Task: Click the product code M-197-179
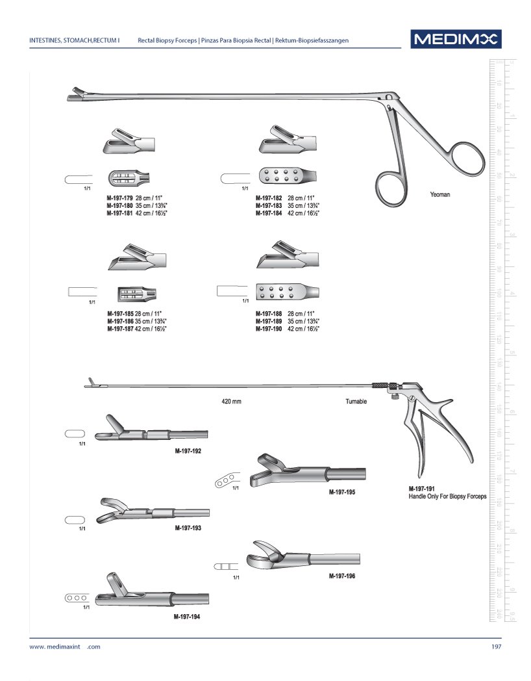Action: click(120, 197)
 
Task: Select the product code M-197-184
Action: click(268, 212)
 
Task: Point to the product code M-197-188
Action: click(268, 314)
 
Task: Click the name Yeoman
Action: click(439, 194)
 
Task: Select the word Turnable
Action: click(356, 402)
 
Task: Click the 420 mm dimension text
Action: click(232, 402)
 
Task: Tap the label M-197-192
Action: click(188, 450)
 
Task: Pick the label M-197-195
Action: click(342, 493)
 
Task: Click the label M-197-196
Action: click(342, 576)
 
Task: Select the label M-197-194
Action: click(186, 617)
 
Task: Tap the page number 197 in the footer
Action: click(496, 647)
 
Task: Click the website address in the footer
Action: click(65, 647)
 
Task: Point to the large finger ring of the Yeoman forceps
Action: click(464, 158)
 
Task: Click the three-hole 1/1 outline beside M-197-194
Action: click(76, 597)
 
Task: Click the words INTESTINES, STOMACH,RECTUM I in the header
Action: click(75, 40)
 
